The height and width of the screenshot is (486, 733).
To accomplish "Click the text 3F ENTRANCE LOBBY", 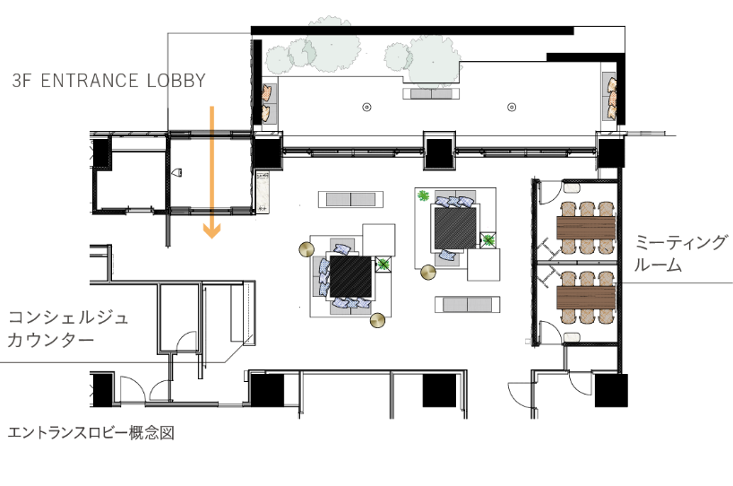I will click(109, 81).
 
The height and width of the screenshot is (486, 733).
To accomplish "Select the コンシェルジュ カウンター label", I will click(68, 328).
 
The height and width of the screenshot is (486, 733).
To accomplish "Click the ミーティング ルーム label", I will click(681, 253).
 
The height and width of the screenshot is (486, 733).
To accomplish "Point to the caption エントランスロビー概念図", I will click(91, 433).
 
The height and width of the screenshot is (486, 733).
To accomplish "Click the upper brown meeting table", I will click(586, 228).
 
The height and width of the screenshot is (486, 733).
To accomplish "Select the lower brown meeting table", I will click(586, 298).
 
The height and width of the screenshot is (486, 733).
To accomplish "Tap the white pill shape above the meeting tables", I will click(572, 188).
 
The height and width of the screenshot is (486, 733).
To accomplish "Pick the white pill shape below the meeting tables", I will click(572, 338).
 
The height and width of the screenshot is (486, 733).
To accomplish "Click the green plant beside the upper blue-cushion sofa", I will click(423, 195).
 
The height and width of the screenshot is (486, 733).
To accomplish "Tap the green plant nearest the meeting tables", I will click(488, 240).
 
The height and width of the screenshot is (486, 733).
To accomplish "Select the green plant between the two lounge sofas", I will click(384, 264).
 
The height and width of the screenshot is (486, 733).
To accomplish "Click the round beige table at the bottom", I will click(377, 320).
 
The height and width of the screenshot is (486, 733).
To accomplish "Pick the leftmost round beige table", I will click(306, 249).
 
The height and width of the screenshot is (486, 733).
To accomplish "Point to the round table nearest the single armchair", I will click(428, 272).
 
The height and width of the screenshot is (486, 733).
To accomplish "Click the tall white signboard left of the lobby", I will click(263, 192).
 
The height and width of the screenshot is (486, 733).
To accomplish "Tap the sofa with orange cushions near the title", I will click(269, 103).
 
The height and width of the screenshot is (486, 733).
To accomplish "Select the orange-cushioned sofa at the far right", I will click(609, 97).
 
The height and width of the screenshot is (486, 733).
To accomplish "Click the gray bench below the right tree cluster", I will click(431, 93).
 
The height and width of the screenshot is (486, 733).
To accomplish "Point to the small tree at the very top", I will click(329, 21).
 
